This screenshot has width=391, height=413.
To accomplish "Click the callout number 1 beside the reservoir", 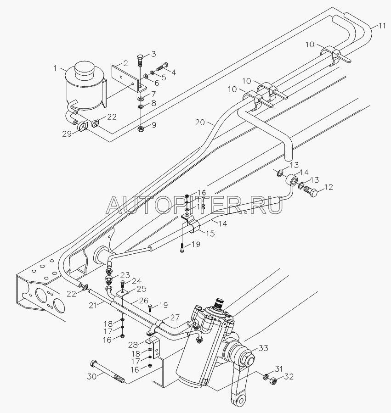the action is click(55, 68).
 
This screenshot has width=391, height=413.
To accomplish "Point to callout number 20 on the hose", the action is click(200, 122).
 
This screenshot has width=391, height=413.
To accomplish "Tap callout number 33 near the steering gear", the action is click(263, 348).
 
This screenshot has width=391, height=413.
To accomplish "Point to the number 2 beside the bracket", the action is click(125, 63).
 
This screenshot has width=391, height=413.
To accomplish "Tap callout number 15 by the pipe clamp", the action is click(210, 234).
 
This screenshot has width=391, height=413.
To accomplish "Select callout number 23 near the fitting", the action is click(125, 275).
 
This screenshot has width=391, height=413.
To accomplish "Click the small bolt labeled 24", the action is click(123, 285).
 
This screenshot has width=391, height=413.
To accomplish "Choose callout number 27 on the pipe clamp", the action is click(175, 317).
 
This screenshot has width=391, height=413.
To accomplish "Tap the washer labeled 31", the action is click(266, 376).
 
